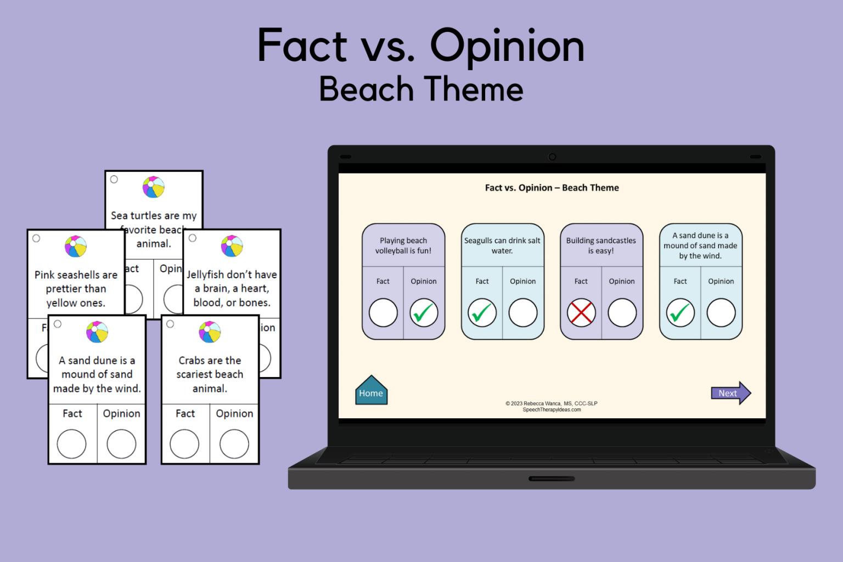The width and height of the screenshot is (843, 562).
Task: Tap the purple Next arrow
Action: [x=730, y=393]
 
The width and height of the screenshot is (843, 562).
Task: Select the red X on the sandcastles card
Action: [x=581, y=313]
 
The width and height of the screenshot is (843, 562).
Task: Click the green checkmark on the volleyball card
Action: [x=424, y=313]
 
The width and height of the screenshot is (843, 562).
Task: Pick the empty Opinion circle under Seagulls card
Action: [x=522, y=313]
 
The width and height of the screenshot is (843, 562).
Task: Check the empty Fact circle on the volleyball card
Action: [x=383, y=313]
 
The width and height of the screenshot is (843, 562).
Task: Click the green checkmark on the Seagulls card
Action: [x=482, y=313]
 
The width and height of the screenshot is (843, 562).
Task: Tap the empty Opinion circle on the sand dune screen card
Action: [x=721, y=313]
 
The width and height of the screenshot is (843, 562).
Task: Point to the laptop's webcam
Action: [x=552, y=157]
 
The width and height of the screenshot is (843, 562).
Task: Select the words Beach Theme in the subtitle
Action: [x=421, y=89]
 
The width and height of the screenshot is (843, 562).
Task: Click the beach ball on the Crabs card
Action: [x=210, y=332]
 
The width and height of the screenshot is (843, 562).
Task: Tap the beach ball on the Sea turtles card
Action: [x=154, y=187]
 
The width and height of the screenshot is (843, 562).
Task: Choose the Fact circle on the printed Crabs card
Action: [x=184, y=443]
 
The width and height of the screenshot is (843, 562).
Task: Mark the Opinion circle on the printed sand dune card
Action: [x=121, y=443]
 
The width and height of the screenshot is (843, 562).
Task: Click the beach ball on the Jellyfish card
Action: [x=232, y=246]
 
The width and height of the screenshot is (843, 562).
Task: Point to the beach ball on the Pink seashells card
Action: [x=76, y=246]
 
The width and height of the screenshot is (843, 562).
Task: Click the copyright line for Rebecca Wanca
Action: [x=551, y=403]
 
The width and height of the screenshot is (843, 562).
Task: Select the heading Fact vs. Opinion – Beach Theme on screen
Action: [x=552, y=188]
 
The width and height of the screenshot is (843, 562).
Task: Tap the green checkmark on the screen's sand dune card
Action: [x=680, y=313]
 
